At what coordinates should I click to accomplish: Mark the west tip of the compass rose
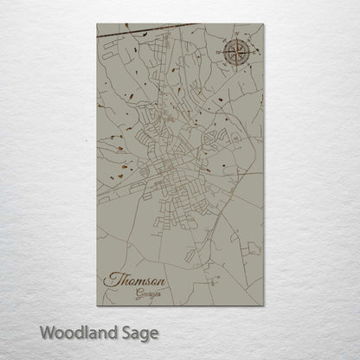220,55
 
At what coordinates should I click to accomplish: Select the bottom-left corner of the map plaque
97,310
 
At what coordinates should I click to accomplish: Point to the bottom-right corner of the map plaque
262,310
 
